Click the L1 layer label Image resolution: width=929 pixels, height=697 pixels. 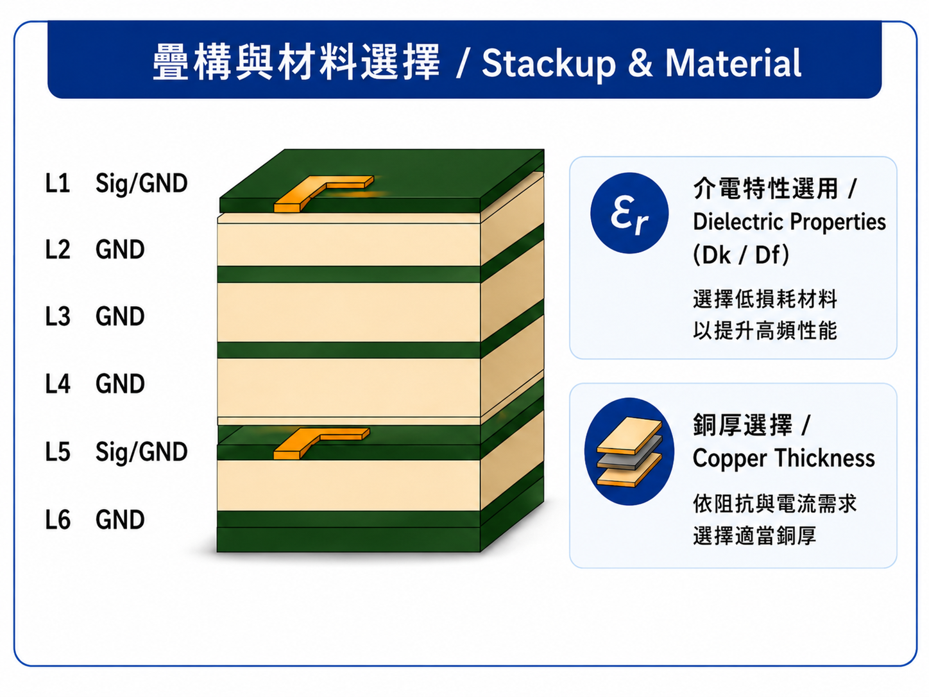pyautogui.click(x=58, y=183)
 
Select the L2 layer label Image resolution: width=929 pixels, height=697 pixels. pyautogui.click(x=58, y=249)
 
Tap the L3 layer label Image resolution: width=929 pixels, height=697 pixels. pyautogui.click(x=58, y=316)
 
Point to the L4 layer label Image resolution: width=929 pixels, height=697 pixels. pyautogui.click(x=58, y=383)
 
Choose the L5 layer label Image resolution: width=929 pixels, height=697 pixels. pyautogui.click(x=58, y=451)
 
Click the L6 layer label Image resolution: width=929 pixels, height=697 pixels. pyautogui.click(x=58, y=519)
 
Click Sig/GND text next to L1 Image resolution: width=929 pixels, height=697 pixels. pyautogui.click(x=141, y=184)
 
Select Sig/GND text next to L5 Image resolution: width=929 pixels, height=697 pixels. pyautogui.click(x=141, y=452)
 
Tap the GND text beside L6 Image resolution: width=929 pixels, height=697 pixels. pyautogui.click(x=120, y=519)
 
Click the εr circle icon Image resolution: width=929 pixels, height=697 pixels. pyautogui.click(x=629, y=213)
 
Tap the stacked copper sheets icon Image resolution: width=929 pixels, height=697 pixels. pyautogui.click(x=629, y=452)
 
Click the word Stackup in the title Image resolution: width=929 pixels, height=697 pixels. pyautogui.click(x=549, y=64)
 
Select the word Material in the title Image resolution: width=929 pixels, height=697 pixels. pyautogui.click(x=733, y=63)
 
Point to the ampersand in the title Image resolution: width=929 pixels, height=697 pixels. pyautogui.click(x=640, y=63)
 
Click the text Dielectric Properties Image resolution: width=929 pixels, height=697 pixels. pyautogui.click(x=789, y=222)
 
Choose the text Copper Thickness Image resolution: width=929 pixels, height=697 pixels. pyautogui.click(x=783, y=458)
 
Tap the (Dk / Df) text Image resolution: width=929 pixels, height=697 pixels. pyautogui.click(x=741, y=255)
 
